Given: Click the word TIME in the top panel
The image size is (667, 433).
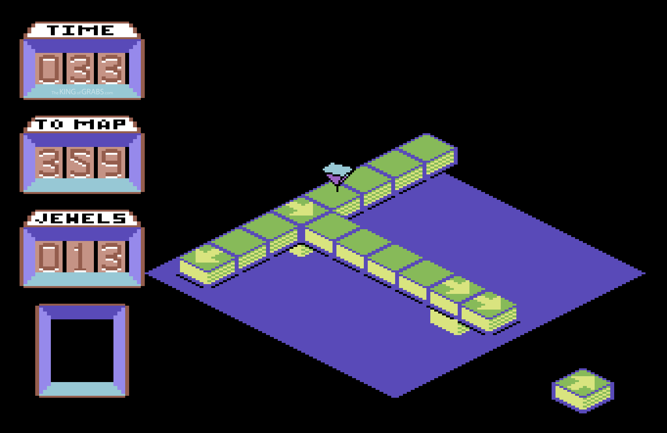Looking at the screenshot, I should tap(81, 30).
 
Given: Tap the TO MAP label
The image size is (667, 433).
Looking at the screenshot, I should tap(81, 124).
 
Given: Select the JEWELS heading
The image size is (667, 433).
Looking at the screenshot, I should tap(81, 218).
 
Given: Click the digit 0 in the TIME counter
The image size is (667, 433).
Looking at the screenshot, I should tap(49, 69).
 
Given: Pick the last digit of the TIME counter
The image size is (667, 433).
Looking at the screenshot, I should tap(112, 69).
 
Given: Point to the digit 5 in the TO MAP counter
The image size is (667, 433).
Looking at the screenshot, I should tap(81, 163).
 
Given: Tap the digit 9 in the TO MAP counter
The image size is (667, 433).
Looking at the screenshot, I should tap(112, 163).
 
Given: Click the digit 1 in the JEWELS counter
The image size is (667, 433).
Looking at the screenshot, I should tap(81, 257).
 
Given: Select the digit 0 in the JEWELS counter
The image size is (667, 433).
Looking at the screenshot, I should tap(49, 257).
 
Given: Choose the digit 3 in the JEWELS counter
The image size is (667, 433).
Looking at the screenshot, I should tap(112, 257).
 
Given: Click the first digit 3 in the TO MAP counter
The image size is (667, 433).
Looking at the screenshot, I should tap(49, 163).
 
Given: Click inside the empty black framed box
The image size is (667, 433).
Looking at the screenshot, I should tap(82, 350).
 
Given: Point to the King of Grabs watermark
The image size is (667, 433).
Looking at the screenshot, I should tap(82, 92).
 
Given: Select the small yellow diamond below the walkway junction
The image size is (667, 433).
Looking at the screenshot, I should tap(301, 251).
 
